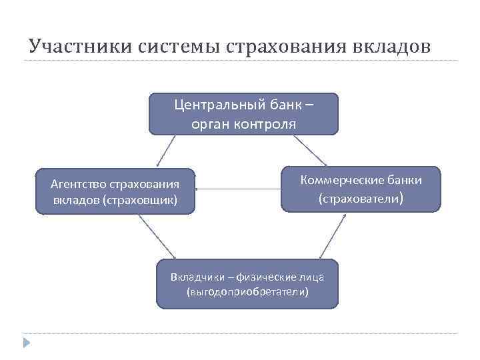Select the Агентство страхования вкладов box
pyautogui.click(x=115, y=191)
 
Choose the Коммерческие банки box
pyautogui.click(x=361, y=189)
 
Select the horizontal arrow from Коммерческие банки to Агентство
pyautogui.click(x=239, y=189)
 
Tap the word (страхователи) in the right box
pyautogui.click(x=361, y=198)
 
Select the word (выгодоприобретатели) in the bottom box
pyautogui.click(x=248, y=292)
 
